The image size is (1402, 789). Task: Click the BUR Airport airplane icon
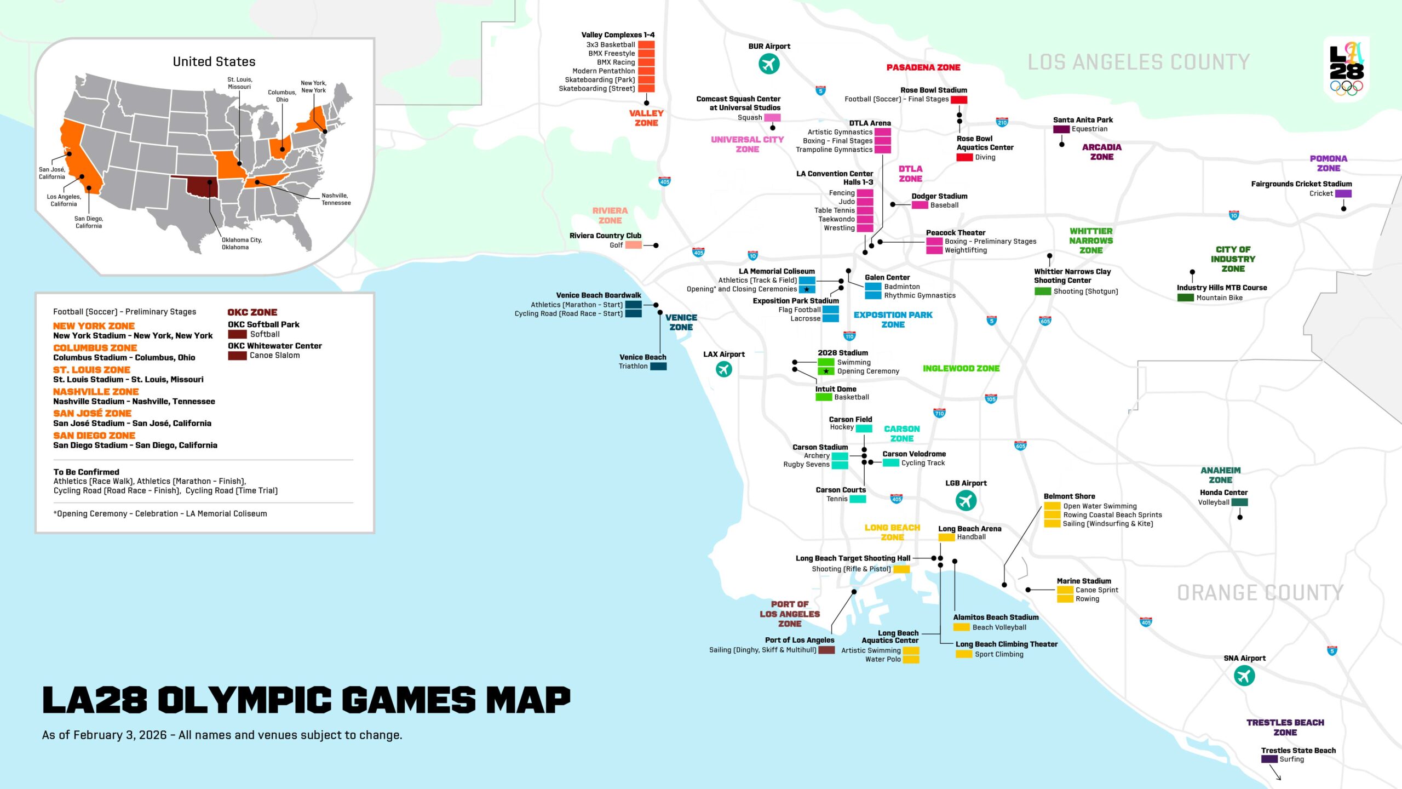tap(769, 64)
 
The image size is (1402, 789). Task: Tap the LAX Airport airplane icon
tap(724, 369)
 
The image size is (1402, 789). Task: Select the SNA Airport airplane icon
tap(1244, 676)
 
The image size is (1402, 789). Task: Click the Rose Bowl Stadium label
tap(933, 90)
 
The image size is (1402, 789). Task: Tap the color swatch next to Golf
tap(633, 245)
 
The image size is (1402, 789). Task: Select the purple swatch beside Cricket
tap(1343, 193)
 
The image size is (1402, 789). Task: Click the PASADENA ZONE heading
tap(923, 67)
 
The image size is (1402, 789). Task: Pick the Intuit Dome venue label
tap(835, 389)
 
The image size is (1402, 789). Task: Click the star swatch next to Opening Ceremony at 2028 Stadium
tap(826, 371)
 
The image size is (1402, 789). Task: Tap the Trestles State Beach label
tap(1298, 750)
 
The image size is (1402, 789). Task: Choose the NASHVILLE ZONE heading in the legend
tap(96, 391)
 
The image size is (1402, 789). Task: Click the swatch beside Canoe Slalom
tap(237, 356)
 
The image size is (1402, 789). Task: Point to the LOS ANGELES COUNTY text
tap(1138, 62)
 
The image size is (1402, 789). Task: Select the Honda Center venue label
tap(1223, 492)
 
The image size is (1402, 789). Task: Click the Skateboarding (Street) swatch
tap(646, 88)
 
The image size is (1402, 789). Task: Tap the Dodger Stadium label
tap(939, 196)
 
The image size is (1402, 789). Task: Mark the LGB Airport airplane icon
tap(966, 500)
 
